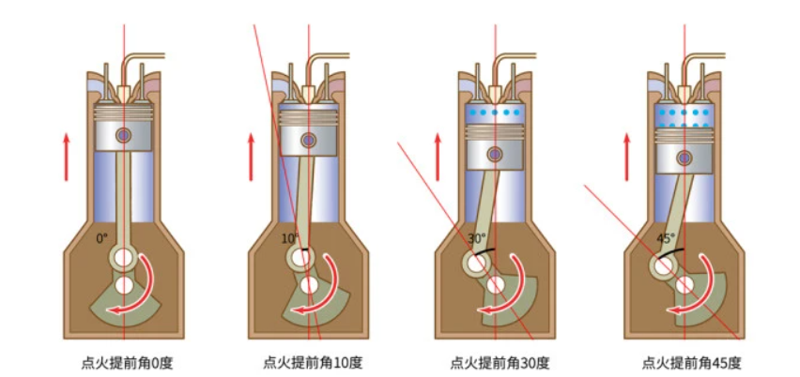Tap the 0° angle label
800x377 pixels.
pos(102,238)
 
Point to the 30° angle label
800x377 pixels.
pos(477,238)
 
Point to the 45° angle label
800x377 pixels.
pos(665,238)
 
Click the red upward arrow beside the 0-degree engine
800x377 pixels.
pos(67,156)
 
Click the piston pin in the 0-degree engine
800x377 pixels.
pos(123,135)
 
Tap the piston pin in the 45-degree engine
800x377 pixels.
pos(685,155)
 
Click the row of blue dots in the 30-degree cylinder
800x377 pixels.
pos(495,113)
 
